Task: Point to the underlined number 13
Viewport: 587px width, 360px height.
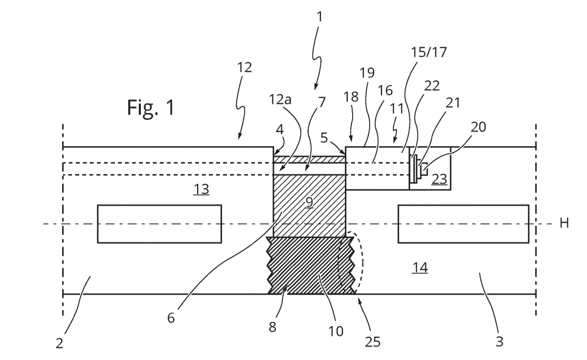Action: click(202, 190)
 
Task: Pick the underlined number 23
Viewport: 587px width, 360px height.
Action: click(439, 180)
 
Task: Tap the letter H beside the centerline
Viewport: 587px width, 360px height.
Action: click(564, 224)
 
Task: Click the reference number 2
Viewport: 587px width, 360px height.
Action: click(59, 344)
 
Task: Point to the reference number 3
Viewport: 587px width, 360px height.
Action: click(499, 341)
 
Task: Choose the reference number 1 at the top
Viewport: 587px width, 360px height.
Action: click(319, 17)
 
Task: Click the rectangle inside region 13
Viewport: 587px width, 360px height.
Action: click(159, 224)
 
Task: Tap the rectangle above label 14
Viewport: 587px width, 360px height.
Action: click(463, 224)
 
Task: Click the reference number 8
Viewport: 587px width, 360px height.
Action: click(272, 327)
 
